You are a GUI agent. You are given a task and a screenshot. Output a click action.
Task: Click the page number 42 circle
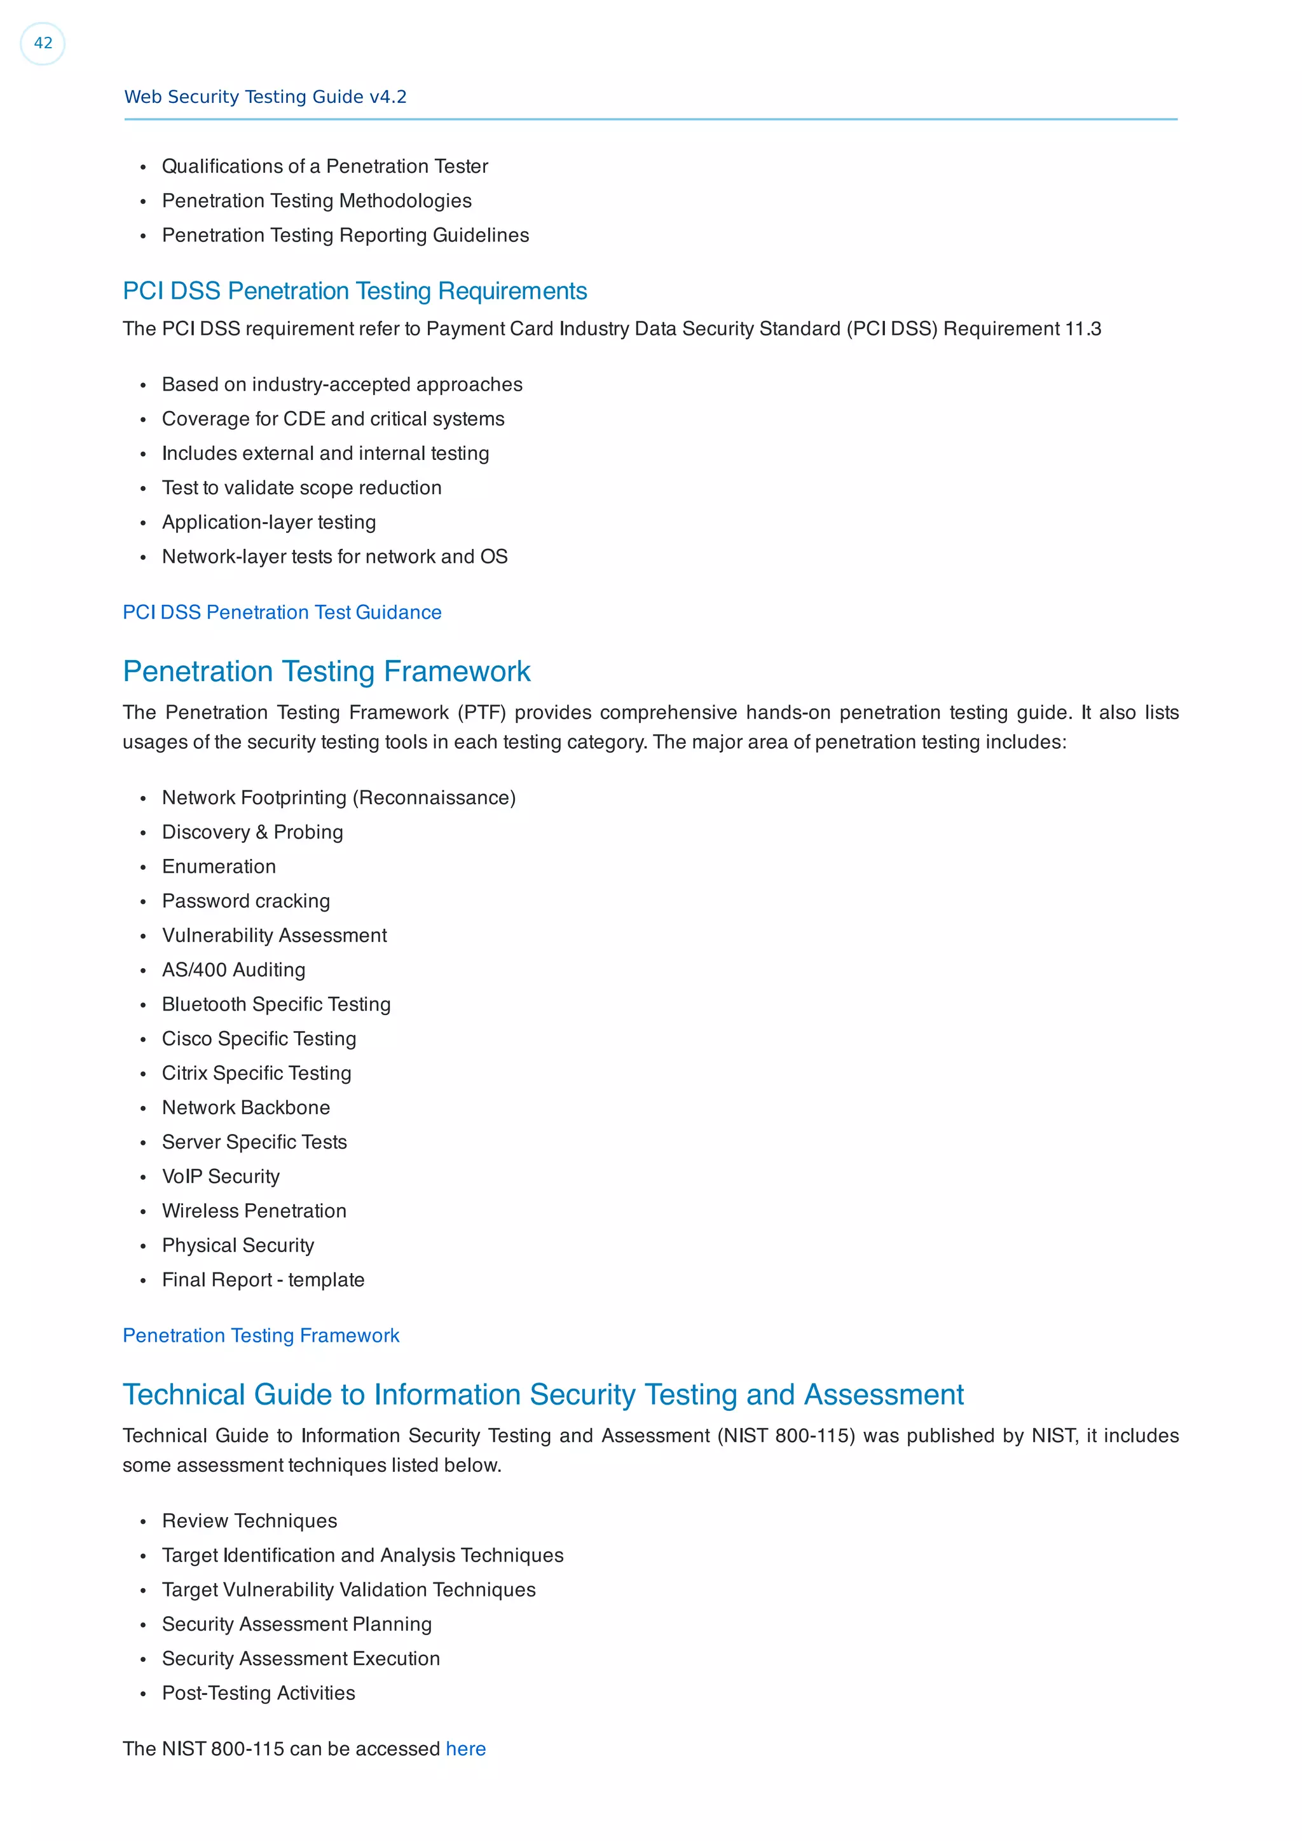click(43, 43)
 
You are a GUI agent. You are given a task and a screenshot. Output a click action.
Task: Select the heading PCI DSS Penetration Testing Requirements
click(355, 291)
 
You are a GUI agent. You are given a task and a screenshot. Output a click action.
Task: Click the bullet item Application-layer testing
click(269, 522)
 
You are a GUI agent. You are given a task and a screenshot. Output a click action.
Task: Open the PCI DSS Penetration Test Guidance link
click(282, 612)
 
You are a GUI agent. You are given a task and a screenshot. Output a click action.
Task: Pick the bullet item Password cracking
click(245, 901)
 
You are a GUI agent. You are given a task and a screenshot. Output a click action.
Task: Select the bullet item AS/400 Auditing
click(233, 970)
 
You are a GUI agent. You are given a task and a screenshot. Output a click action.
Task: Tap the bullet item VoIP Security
click(221, 1177)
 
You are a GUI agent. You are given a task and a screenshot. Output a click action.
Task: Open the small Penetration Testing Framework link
click(261, 1336)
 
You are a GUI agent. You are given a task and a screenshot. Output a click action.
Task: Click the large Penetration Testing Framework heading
click(327, 672)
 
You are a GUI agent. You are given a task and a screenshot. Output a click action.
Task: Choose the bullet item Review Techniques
click(249, 1521)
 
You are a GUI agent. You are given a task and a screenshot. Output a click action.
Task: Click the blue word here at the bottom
click(465, 1749)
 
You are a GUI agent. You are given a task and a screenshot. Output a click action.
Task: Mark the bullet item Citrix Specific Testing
click(257, 1074)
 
